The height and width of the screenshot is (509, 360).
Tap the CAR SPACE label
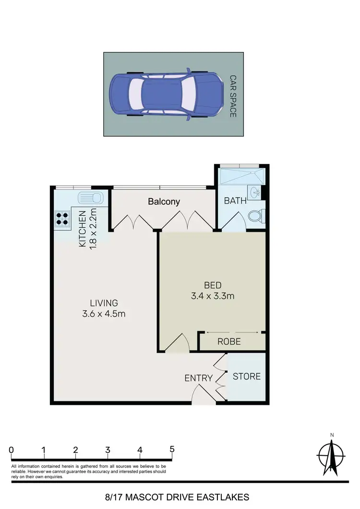[233, 96]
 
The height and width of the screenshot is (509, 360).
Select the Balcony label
[164, 202]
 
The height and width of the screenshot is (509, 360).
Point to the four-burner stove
[62, 219]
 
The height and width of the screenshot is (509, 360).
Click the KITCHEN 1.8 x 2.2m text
[88, 229]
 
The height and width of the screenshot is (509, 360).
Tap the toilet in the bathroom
[255, 216]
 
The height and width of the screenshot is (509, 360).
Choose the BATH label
[235, 201]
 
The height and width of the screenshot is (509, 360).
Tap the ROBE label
[229, 342]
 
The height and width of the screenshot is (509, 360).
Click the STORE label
[247, 376]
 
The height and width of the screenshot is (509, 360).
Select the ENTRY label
[198, 378]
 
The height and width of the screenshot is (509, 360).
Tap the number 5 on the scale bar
[172, 450]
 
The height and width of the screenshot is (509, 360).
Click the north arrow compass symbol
[331, 454]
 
